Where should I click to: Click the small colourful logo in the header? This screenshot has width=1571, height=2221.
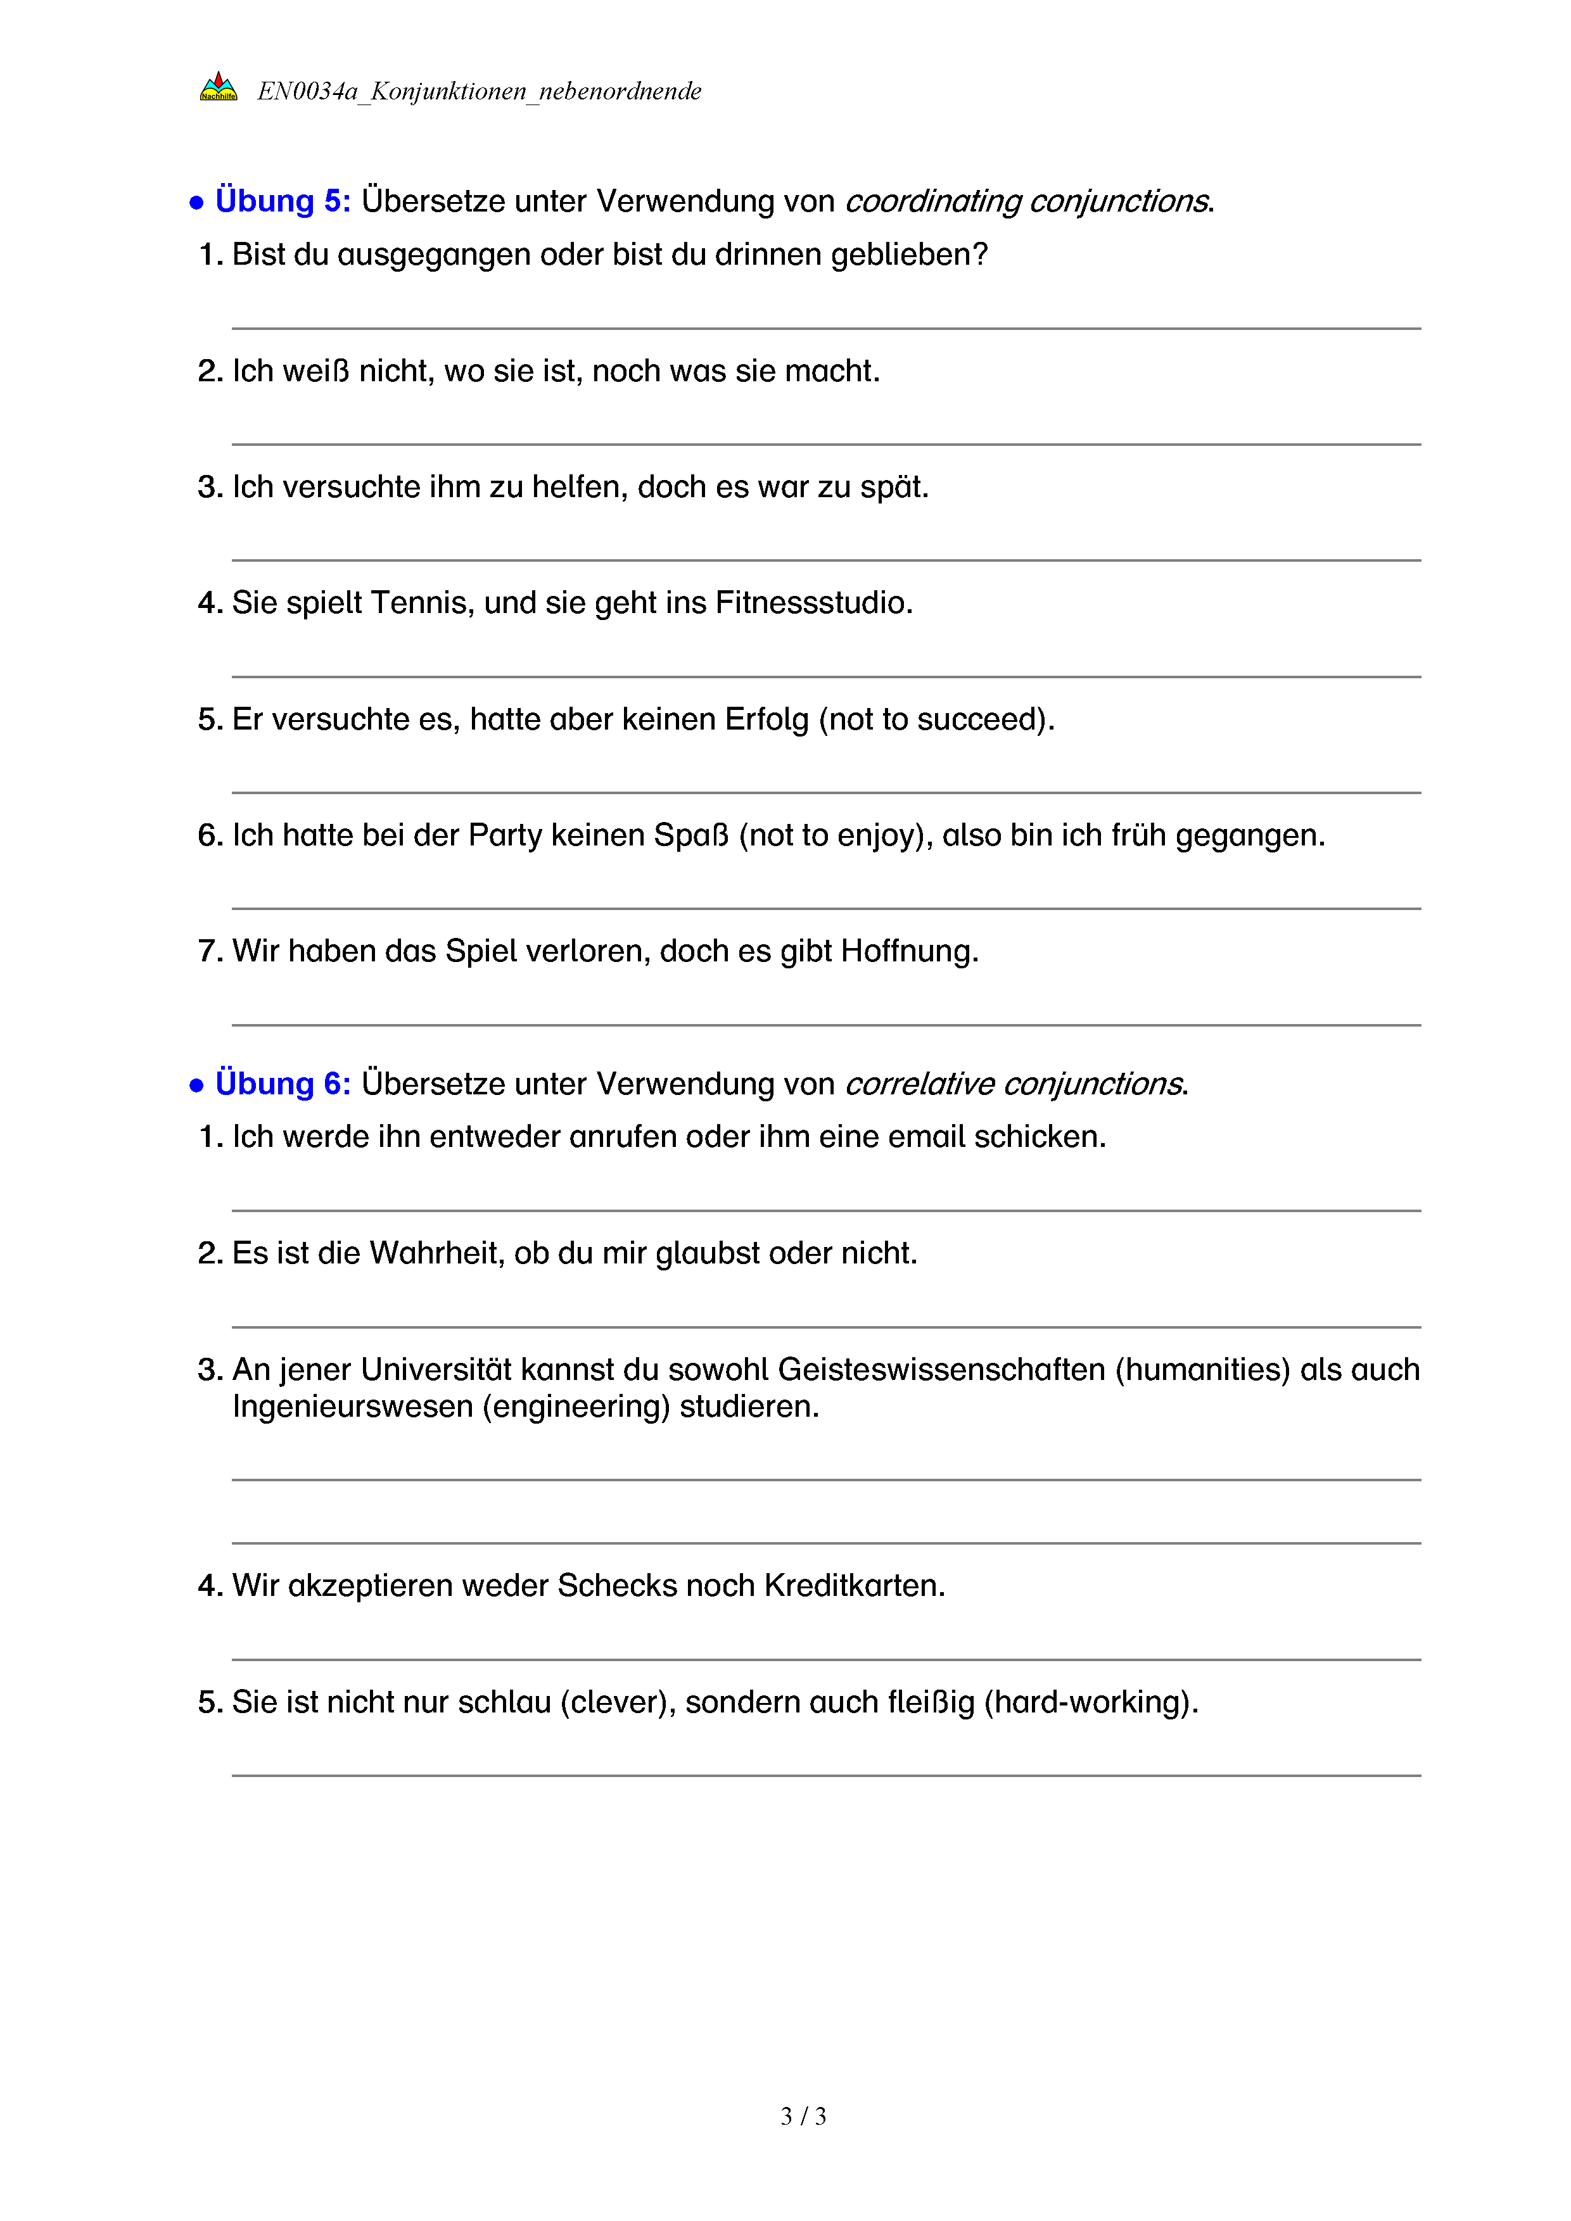click(219, 87)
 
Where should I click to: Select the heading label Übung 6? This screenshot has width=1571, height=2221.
click(283, 1084)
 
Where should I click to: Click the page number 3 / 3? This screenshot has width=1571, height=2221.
click(803, 2117)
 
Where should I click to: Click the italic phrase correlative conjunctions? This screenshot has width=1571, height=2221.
click(1014, 1084)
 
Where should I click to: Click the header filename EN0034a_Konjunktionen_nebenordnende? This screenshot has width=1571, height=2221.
click(479, 91)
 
